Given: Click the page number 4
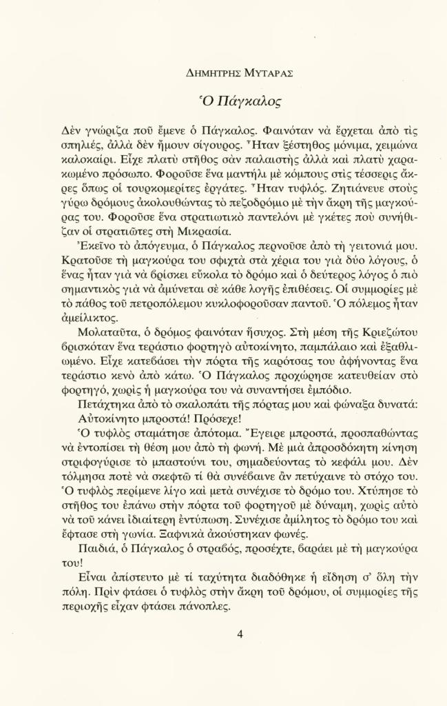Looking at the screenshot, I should coord(240,634).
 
